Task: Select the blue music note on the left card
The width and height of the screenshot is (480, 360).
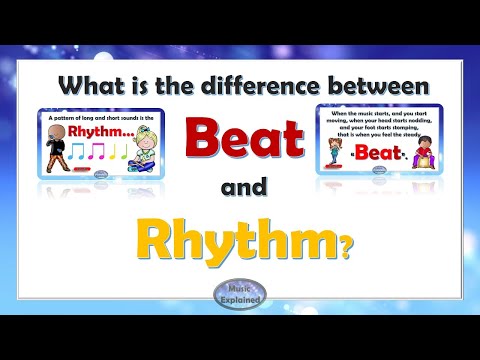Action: click(79, 151)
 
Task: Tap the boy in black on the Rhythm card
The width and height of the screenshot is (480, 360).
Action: click(55, 152)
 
